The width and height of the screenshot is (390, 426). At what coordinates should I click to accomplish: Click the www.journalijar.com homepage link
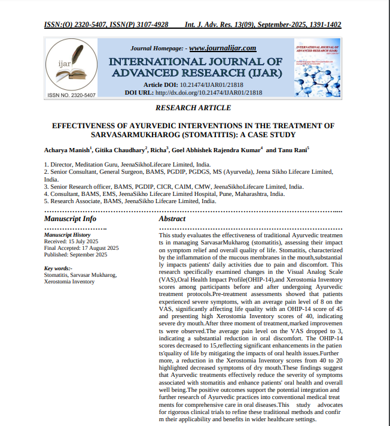(223, 48)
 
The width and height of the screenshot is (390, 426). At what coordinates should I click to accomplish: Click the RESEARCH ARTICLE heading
(193, 108)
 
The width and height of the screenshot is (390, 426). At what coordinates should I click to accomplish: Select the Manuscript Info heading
(70, 219)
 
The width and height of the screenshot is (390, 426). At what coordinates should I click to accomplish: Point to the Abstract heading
(172, 219)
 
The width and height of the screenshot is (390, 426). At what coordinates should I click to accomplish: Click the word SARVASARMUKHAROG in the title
(140, 135)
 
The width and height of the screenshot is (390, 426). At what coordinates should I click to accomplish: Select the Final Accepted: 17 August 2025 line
(81, 248)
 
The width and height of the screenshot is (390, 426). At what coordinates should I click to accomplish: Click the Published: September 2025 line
(75, 255)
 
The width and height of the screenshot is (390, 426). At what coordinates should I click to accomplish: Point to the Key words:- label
(58, 268)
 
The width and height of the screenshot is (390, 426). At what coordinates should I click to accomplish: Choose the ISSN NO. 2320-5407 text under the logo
(71, 95)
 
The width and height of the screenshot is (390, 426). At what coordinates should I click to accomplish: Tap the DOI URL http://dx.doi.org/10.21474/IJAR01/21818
(208, 93)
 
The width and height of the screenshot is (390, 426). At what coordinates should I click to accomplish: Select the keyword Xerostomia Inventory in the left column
(69, 282)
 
